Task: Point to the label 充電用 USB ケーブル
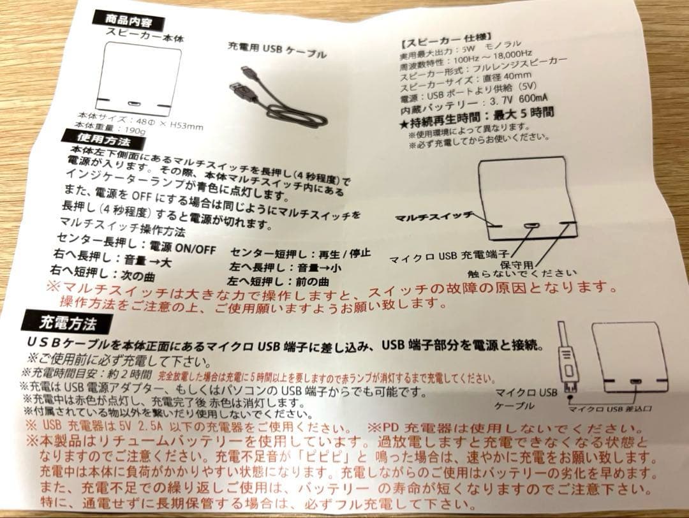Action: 277,51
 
